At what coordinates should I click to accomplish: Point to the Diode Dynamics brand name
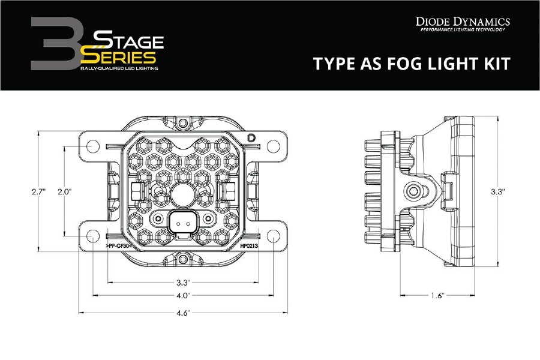click(463, 22)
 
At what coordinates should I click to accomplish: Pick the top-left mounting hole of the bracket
click(93, 146)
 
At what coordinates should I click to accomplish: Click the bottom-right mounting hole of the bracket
click(273, 236)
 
